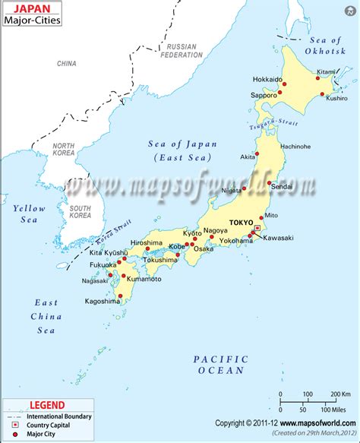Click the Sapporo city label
pyautogui.click(x=263, y=95)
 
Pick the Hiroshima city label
pyautogui.click(x=146, y=242)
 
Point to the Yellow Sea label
pyautogui.click(x=30, y=214)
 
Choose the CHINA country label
pyautogui.click(x=67, y=64)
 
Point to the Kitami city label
pyautogui.click(x=325, y=71)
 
